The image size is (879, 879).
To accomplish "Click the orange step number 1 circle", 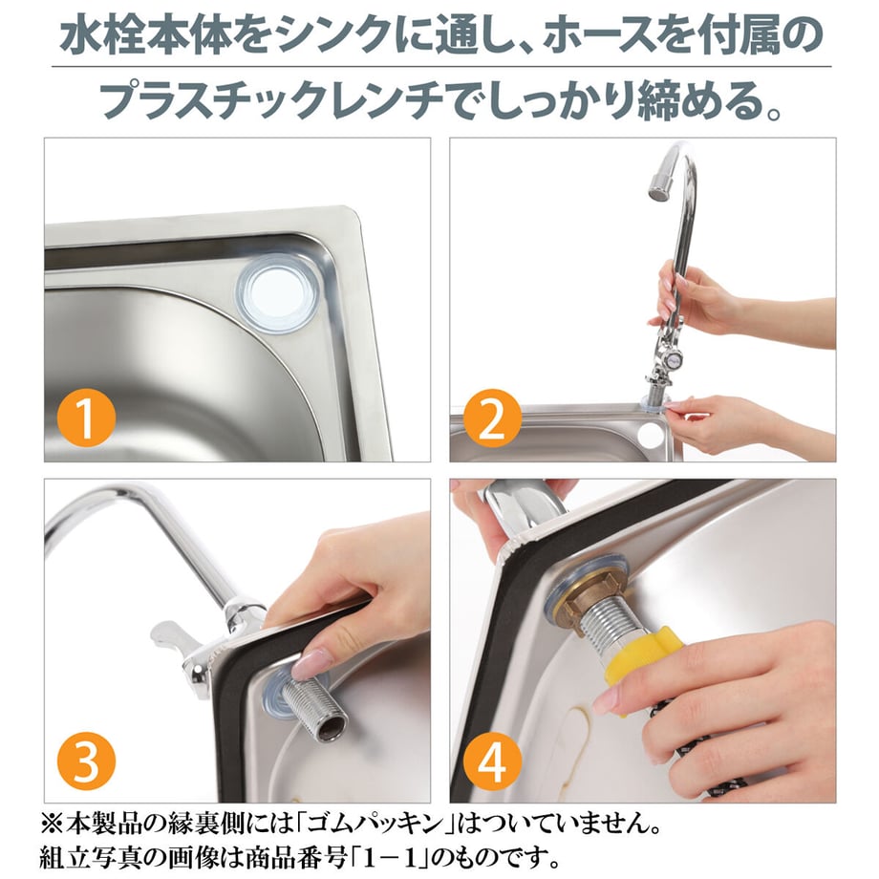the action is coord(86,418).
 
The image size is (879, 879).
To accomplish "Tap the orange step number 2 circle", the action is coord(492,418).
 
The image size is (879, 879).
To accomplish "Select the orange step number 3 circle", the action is coord(86,761).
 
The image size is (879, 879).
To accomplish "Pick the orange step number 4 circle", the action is coord(492,761).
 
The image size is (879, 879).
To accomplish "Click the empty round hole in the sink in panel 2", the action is coord(651,435).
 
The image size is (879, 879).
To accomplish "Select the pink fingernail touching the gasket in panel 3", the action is coord(308,663).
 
